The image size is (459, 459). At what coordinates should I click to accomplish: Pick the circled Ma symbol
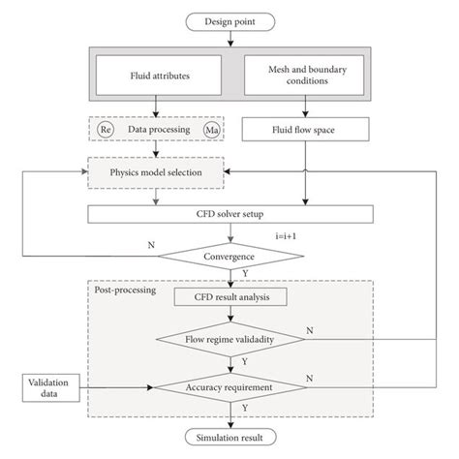pos(213,129)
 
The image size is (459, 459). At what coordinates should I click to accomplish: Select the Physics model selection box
pos(158,172)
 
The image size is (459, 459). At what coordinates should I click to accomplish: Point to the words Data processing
pos(158,129)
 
